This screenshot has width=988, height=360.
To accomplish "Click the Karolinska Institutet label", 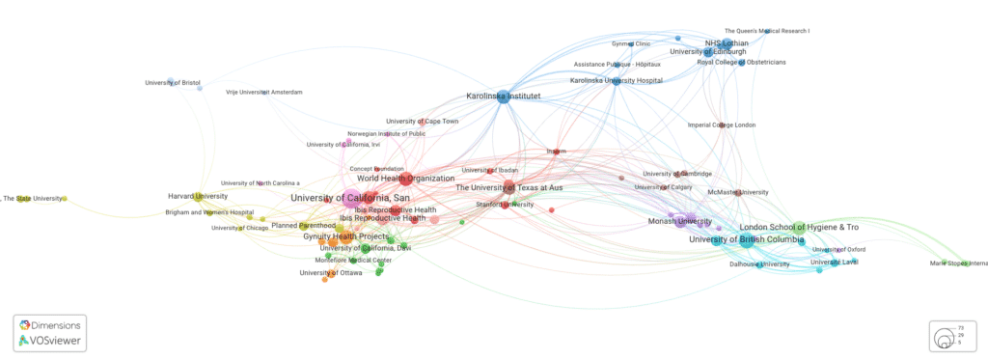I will (x=503, y=97).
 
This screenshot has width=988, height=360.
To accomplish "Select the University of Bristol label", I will (x=173, y=83).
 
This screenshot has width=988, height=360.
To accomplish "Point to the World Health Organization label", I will (x=405, y=179).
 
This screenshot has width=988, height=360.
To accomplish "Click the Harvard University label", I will (x=198, y=197).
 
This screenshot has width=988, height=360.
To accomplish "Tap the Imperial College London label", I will (x=722, y=125).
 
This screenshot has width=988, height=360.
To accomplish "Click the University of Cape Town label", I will (x=423, y=122).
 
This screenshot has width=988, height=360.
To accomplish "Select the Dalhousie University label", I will (x=760, y=263).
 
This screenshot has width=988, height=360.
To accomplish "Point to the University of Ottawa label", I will (x=331, y=273).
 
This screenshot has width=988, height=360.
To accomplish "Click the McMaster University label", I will (x=738, y=192).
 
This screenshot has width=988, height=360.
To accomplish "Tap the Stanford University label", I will (x=505, y=205).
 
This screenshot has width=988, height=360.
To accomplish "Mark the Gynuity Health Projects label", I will (x=345, y=236).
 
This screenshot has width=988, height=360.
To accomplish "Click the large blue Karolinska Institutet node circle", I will (x=503, y=97).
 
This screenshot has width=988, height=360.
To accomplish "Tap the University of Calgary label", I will (x=664, y=187).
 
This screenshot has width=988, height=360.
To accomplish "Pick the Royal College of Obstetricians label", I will (x=741, y=63).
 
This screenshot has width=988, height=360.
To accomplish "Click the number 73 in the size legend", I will (x=960, y=328).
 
